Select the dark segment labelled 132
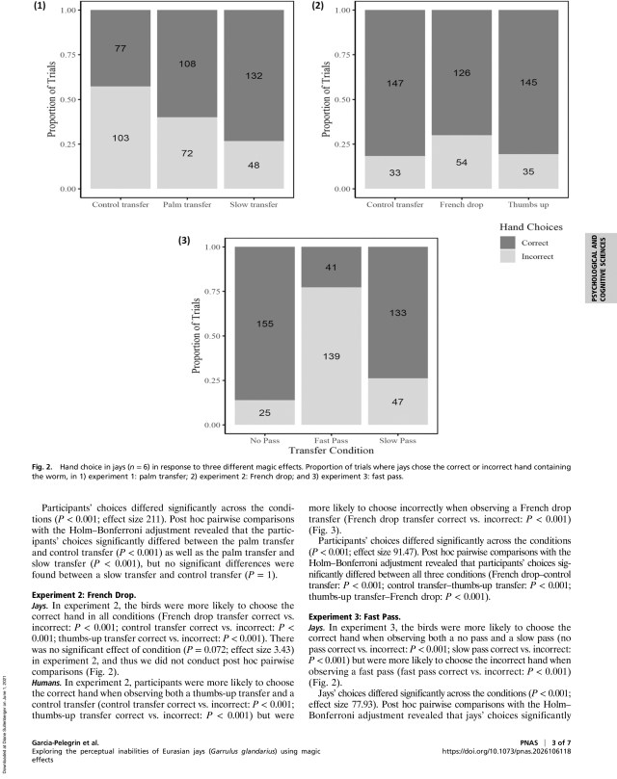252,76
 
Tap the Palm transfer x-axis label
186,205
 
